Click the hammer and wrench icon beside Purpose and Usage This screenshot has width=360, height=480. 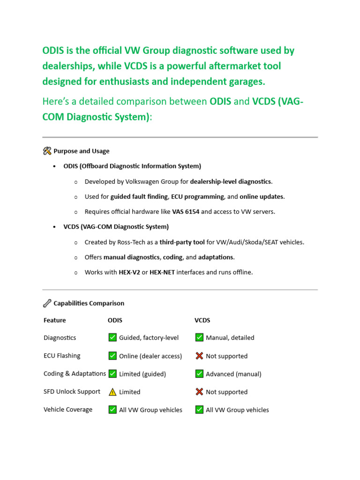click(x=47, y=151)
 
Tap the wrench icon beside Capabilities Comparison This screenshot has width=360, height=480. click(x=47, y=303)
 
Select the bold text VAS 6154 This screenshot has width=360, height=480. click(x=186, y=211)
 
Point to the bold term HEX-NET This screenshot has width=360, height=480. click(x=162, y=272)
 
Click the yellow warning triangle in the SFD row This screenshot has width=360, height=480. click(x=112, y=392)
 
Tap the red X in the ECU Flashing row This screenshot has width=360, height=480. click(x=199, y=356)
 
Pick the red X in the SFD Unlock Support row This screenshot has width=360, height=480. click(x=199, y=392)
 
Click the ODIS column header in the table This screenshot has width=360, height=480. click(x=115, y=320)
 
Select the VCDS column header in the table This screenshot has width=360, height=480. click(x=202, y=320)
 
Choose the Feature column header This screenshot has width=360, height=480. click(x=54, y=320)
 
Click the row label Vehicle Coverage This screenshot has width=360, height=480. click(x=68, y=409)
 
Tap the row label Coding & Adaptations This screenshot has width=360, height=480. click(x=75, y=374)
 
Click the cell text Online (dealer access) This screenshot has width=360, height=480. click(x=150, y=356)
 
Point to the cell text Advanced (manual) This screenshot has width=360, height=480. click(x=233, y=374)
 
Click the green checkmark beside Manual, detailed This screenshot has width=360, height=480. click(x=199, y=337)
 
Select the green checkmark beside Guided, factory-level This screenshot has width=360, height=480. click(x=112, y=337)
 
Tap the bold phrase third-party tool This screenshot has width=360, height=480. click(x=182, y=242)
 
